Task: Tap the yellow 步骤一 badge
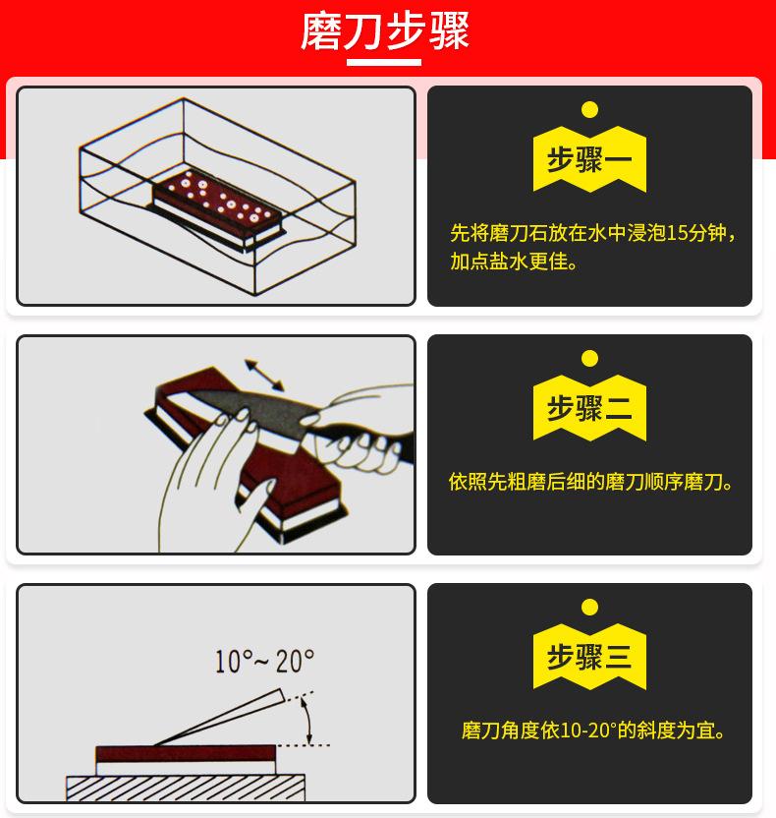[589, 159]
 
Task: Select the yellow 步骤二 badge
[589, 407]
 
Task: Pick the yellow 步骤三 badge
[589, 656]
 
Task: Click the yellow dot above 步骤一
[589, 109]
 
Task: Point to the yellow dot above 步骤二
[589, 358]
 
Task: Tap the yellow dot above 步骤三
[589, 607]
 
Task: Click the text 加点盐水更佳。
[514, 263]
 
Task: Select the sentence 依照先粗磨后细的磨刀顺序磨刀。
[589, 483]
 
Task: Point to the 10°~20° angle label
[264, 662]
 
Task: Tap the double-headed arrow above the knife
[264, 374]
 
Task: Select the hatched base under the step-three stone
[185, 788]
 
